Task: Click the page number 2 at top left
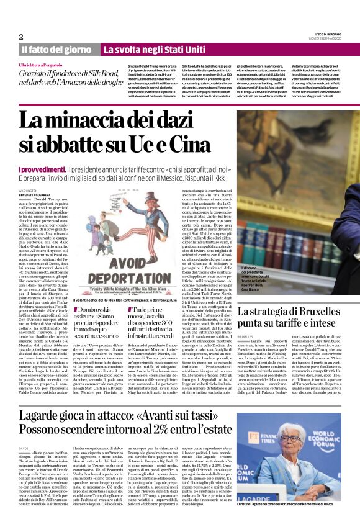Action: point(21,37)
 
